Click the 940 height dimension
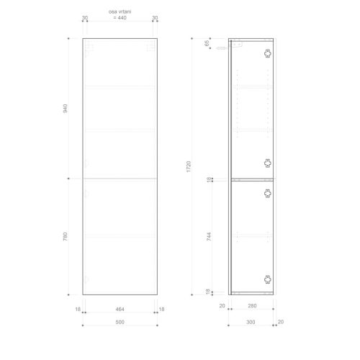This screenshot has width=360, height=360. (x=65, y=109)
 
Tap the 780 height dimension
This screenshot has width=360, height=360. (x=65, y=237)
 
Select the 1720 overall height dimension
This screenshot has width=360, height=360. (x=189, y=166)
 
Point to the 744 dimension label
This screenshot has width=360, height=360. (x=209, y=237)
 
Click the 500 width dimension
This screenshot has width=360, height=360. (x=120, y=322)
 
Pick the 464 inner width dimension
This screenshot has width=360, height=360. (x=120, y=309)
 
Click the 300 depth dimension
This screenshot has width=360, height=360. (x=251, y=322)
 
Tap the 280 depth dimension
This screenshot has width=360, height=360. (x=252, y=306)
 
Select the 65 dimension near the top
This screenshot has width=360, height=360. (x=207, y=43)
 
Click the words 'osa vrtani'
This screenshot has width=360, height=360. (x=120, y=12)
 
